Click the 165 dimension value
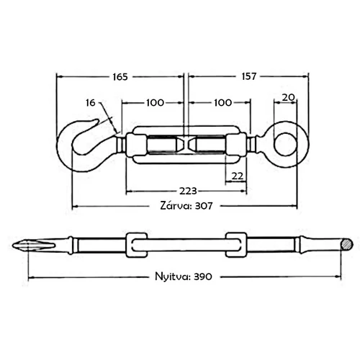click(120, 77)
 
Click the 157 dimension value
click(249, 76)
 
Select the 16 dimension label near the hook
click(91, 103)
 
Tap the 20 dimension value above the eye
click(288, 97)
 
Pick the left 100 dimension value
click(155, 103)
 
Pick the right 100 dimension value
click(222, 103)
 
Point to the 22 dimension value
click(238, 176)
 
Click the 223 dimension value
click(188, 191)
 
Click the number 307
click(204, 206)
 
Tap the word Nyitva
click(173, 276)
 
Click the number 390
click(203, 276)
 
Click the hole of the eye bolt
click(285, 145)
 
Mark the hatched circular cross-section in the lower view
click(346, 245)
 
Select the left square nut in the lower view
click(137, 245)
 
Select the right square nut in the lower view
click(236, 245)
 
